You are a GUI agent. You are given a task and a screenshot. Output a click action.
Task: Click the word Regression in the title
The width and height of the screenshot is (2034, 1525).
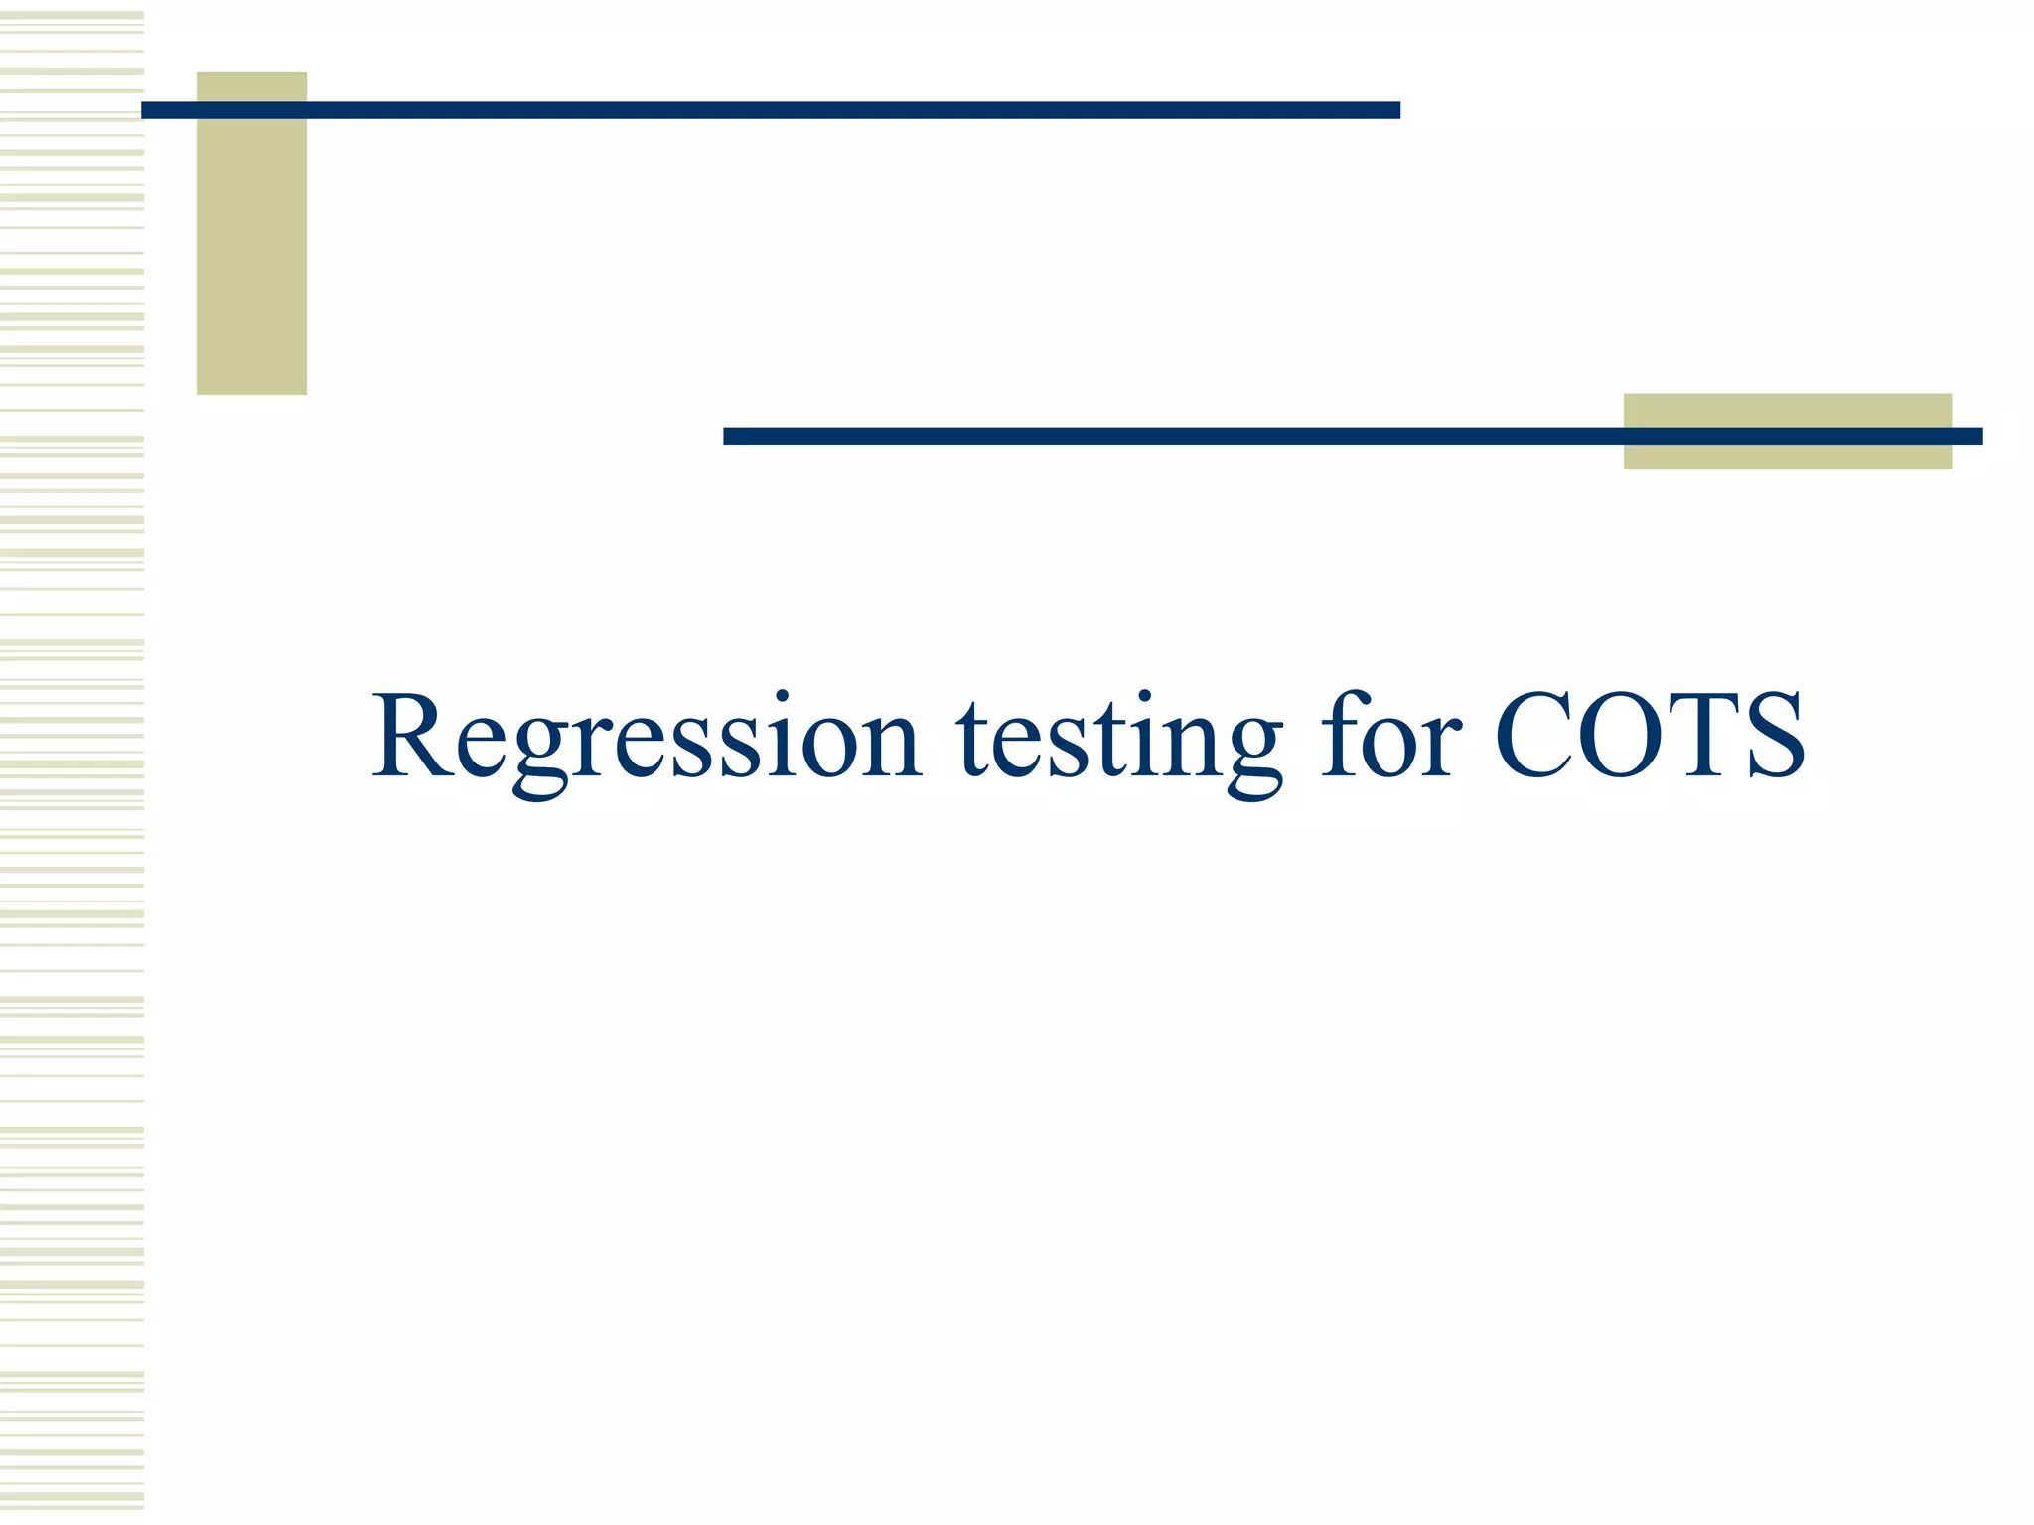[x=647, y=741]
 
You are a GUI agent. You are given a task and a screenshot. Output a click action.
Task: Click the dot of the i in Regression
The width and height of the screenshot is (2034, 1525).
[x=784, y=695]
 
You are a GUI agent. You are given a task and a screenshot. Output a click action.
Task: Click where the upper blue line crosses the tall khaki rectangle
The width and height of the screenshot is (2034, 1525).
[x=251, y=110]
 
